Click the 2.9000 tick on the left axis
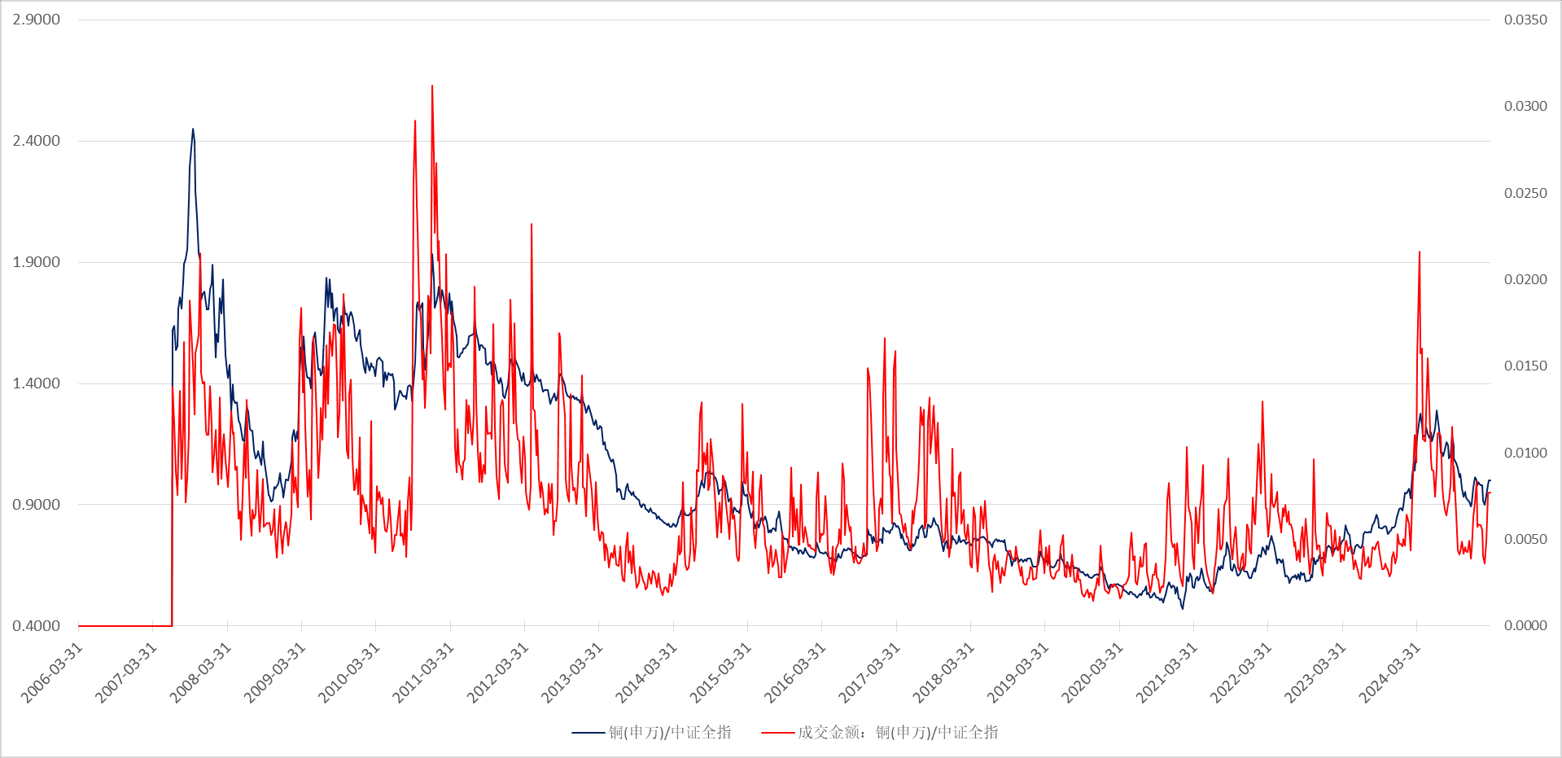(x=36, y=20)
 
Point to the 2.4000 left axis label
(x=36, y=141)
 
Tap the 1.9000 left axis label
(x=36, y=262)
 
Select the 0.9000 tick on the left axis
(x=36, y=505)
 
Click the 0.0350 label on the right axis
(x=1525, y=20)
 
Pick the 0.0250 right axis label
(x=1525, y=193)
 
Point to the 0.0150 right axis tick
(x=1525, y=366)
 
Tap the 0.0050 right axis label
(x=1525, y=539)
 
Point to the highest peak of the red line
(x=432, y=85)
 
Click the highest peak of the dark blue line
(x=193, y=129)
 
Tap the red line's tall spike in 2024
(x=1420, y=252)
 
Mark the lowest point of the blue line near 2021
(x=1183, y=608)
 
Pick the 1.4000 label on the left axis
(x=36, y=383)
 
